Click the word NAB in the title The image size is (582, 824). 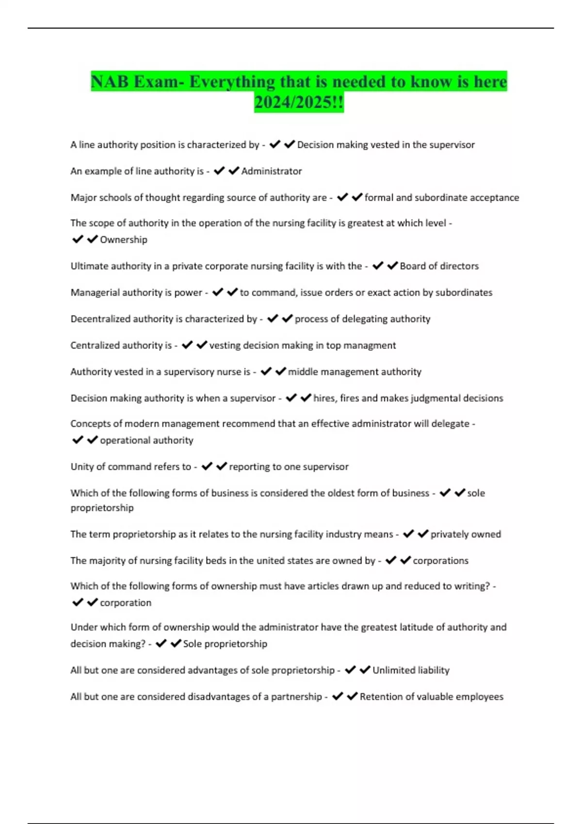click(x=110, y=82)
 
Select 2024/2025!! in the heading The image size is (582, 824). click(x=299, y=103)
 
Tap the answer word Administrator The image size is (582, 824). click(x=272, y=171)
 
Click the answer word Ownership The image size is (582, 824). click(x=124, y=239)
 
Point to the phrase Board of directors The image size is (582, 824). click(x=439, y=266)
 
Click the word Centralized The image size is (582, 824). click(x=95, y=346)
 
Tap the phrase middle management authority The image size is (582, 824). click(x=355, y=372)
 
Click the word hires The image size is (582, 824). click(x=324, y=398)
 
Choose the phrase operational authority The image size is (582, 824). click(x=146, y=440)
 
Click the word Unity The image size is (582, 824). click(x=81, y=467)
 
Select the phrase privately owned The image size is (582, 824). click(x=466, y=534)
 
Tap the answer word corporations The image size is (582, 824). click(x=440, y=561)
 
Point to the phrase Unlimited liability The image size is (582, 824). click(x=411, y=670)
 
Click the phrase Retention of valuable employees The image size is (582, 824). click(x=432, y=697)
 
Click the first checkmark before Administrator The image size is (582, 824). click(x=219, y=171)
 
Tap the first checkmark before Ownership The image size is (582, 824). click(x=78, y=239)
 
